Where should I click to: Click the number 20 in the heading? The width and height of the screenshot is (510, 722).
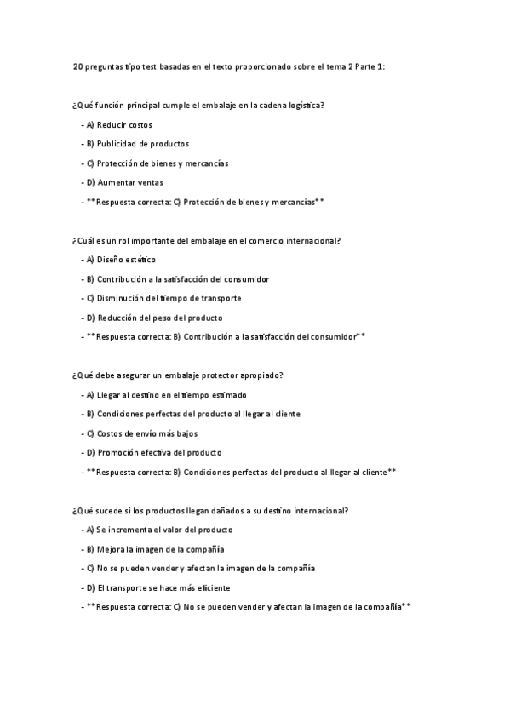coord(78,66)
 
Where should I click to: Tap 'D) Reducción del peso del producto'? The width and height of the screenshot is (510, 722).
coord(154,318)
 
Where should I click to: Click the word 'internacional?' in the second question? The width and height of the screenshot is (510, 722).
coord(314,241)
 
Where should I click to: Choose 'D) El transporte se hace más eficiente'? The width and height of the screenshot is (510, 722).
coord(163,587)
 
